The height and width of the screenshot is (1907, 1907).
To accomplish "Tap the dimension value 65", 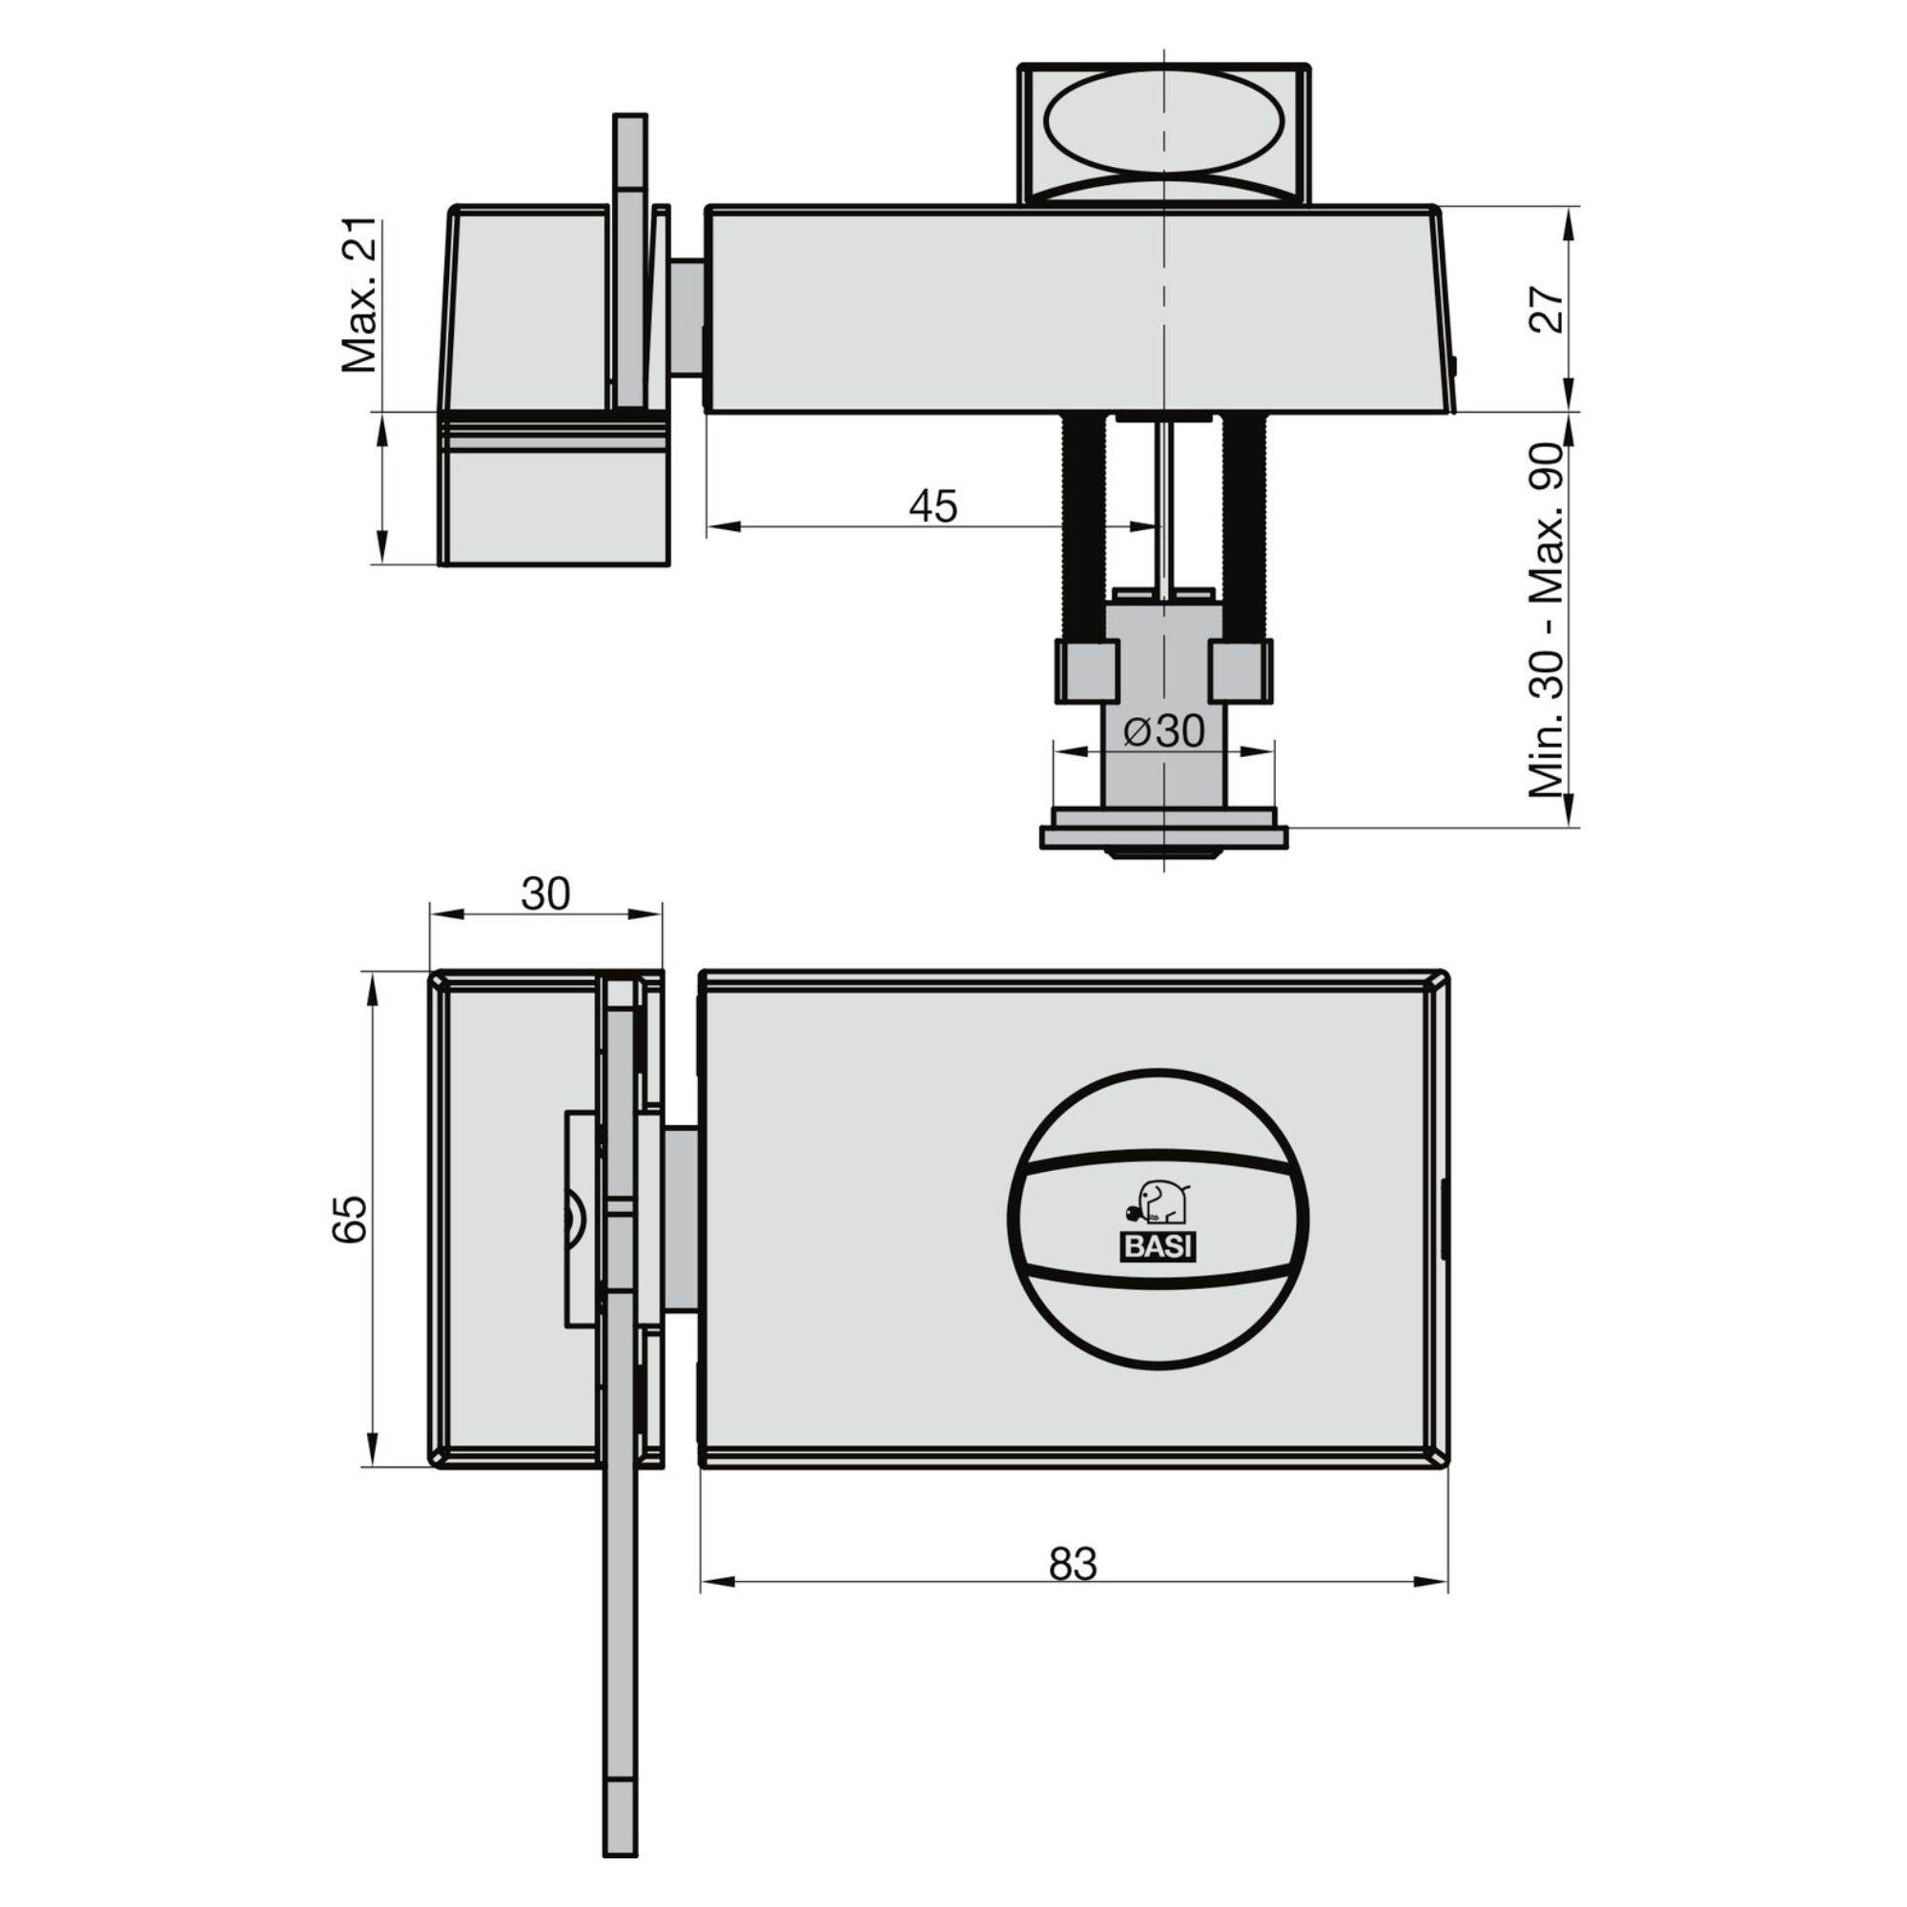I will click(350, 1219).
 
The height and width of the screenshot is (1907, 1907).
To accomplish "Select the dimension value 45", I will click(933, 505).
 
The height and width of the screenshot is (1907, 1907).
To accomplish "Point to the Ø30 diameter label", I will click(1165, 731).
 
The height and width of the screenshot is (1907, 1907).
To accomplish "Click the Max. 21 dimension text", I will click(359, 297).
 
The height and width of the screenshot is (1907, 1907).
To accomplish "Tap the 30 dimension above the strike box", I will click(544, 893).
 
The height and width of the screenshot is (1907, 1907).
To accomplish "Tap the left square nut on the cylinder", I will click(1089, 671).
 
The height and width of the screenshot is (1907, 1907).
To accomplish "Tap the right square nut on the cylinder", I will click(1240, 671).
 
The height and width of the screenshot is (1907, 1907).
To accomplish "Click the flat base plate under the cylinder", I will click(1165, 837).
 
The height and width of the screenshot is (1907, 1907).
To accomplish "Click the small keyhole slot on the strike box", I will click(573, 1218).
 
